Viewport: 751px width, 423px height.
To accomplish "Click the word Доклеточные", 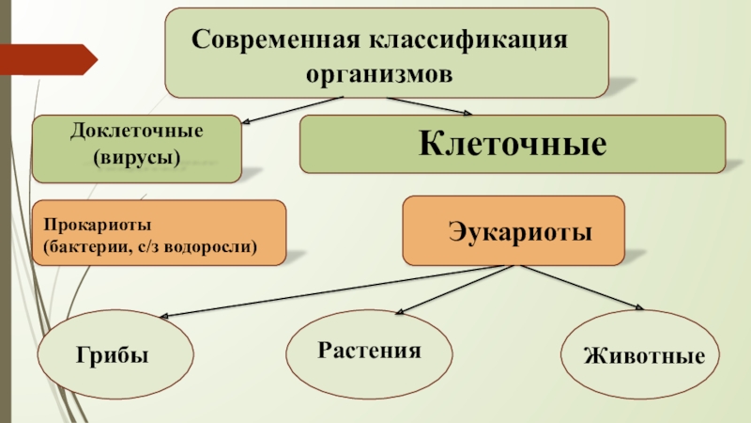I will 137,130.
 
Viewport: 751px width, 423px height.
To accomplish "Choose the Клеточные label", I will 512,144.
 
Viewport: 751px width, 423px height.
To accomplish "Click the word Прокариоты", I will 91,226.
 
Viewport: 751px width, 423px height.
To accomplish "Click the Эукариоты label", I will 513,230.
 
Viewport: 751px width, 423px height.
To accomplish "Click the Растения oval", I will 368,352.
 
